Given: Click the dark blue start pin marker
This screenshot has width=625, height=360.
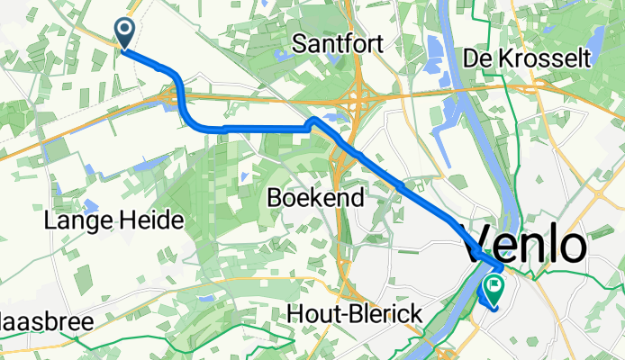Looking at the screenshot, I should [x=124, y=34].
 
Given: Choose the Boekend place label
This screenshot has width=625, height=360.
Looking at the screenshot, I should [x=315, y=197].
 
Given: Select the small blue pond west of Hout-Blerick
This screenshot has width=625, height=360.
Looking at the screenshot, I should [x=206, y=297].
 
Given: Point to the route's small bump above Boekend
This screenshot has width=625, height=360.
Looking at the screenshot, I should [x=312, y=121].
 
